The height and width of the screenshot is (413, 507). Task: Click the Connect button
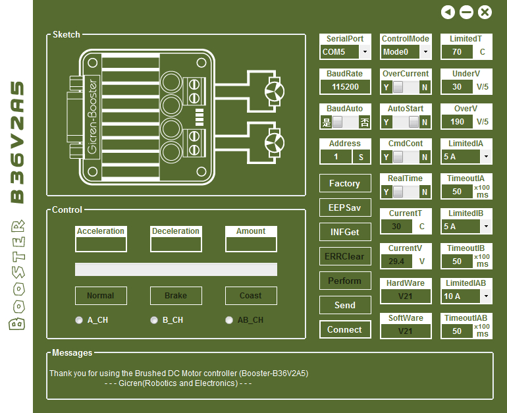[x=345, y=329]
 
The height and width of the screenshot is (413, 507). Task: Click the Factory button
[x=345, y=183]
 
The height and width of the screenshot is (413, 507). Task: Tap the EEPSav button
[x=345, y=207]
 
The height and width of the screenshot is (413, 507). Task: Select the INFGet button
[x=345, y=232]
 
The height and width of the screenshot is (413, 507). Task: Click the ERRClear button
[x=345, y=256]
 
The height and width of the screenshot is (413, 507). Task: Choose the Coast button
[x=251, y=296]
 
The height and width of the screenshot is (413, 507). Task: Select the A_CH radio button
[x=79, y=320]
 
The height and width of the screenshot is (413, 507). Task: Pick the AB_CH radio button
[x=229, y=320]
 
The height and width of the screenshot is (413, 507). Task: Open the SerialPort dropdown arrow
[x=365, y=52]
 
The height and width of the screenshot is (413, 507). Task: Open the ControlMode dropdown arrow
[x=425, y=52]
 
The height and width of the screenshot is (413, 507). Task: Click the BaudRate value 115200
[x=345, y=87]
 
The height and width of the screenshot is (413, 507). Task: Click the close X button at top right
[x=485, y=13]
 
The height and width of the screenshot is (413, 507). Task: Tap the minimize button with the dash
[x=466, y=13]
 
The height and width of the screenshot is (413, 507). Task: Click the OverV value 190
[x=457, y=122]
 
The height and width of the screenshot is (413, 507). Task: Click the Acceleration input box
[x=101, y=244]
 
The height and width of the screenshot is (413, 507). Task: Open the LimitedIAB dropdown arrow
[x=486, y=296]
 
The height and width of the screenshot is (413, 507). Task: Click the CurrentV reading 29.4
[x=396, y=262]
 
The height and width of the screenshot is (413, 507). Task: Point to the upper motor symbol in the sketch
[x=274, y=92]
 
